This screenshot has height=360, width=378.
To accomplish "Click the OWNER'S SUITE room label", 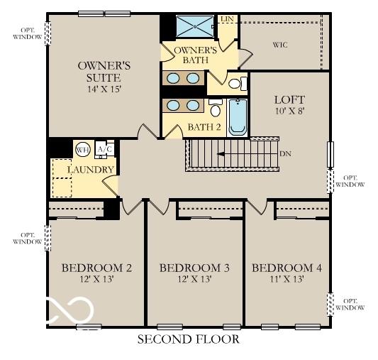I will [99, 71].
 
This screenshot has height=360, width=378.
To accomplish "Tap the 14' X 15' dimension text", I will [99, 89].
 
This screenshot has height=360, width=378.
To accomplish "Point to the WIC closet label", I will [281, 44].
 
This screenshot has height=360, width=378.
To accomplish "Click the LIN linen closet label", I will [227, 18].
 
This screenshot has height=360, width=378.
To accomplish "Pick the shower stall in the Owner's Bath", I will [194, 26].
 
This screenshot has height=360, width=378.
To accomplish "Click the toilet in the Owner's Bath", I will [236, 83].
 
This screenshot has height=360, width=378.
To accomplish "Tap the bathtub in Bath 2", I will [237, 117].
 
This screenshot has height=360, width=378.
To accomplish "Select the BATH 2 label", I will [204, 128].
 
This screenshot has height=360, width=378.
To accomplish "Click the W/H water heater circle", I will [83, 150].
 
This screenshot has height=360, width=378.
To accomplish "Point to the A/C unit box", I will [104, 149].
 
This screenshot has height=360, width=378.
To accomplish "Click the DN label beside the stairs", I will [286, 153].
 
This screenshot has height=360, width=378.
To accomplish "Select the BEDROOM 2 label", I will [97, 268].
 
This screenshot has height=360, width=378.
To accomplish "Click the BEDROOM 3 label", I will [194, 268].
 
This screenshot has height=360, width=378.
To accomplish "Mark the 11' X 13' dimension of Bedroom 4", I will [287, 280].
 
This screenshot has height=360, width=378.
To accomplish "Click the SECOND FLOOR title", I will [188, 339].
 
